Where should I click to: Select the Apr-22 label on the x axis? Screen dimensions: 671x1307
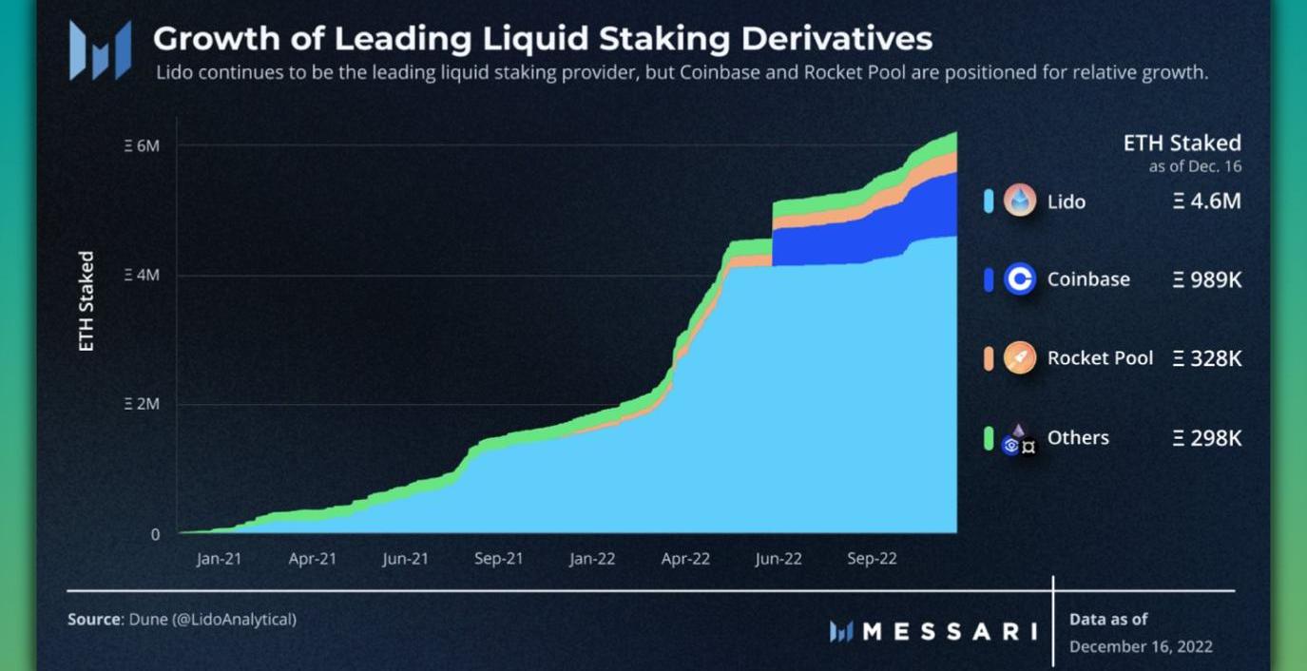[685, 559]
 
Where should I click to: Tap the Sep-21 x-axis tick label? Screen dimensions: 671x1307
[499, 559]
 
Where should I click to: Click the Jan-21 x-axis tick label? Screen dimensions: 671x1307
[220, 559]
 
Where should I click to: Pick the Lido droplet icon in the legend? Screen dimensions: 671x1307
[1019, 201]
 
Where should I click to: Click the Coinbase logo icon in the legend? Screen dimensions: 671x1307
[1019, 279]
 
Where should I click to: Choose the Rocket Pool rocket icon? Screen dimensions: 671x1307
[1019, 358]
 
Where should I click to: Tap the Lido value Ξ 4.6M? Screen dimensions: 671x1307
[1207, 201]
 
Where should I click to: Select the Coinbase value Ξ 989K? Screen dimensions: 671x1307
[1207, 279]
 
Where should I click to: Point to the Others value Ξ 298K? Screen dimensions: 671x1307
[1207, 438]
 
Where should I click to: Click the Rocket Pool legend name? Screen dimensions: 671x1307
[1100, 358]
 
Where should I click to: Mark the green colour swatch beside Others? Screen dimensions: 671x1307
[989, 438]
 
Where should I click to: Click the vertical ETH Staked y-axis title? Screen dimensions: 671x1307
[86, 301]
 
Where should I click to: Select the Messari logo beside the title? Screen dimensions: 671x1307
[100, 49]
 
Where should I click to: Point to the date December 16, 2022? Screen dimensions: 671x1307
[1141, 647]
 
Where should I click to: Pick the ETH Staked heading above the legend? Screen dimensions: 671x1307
[1182, 143]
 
